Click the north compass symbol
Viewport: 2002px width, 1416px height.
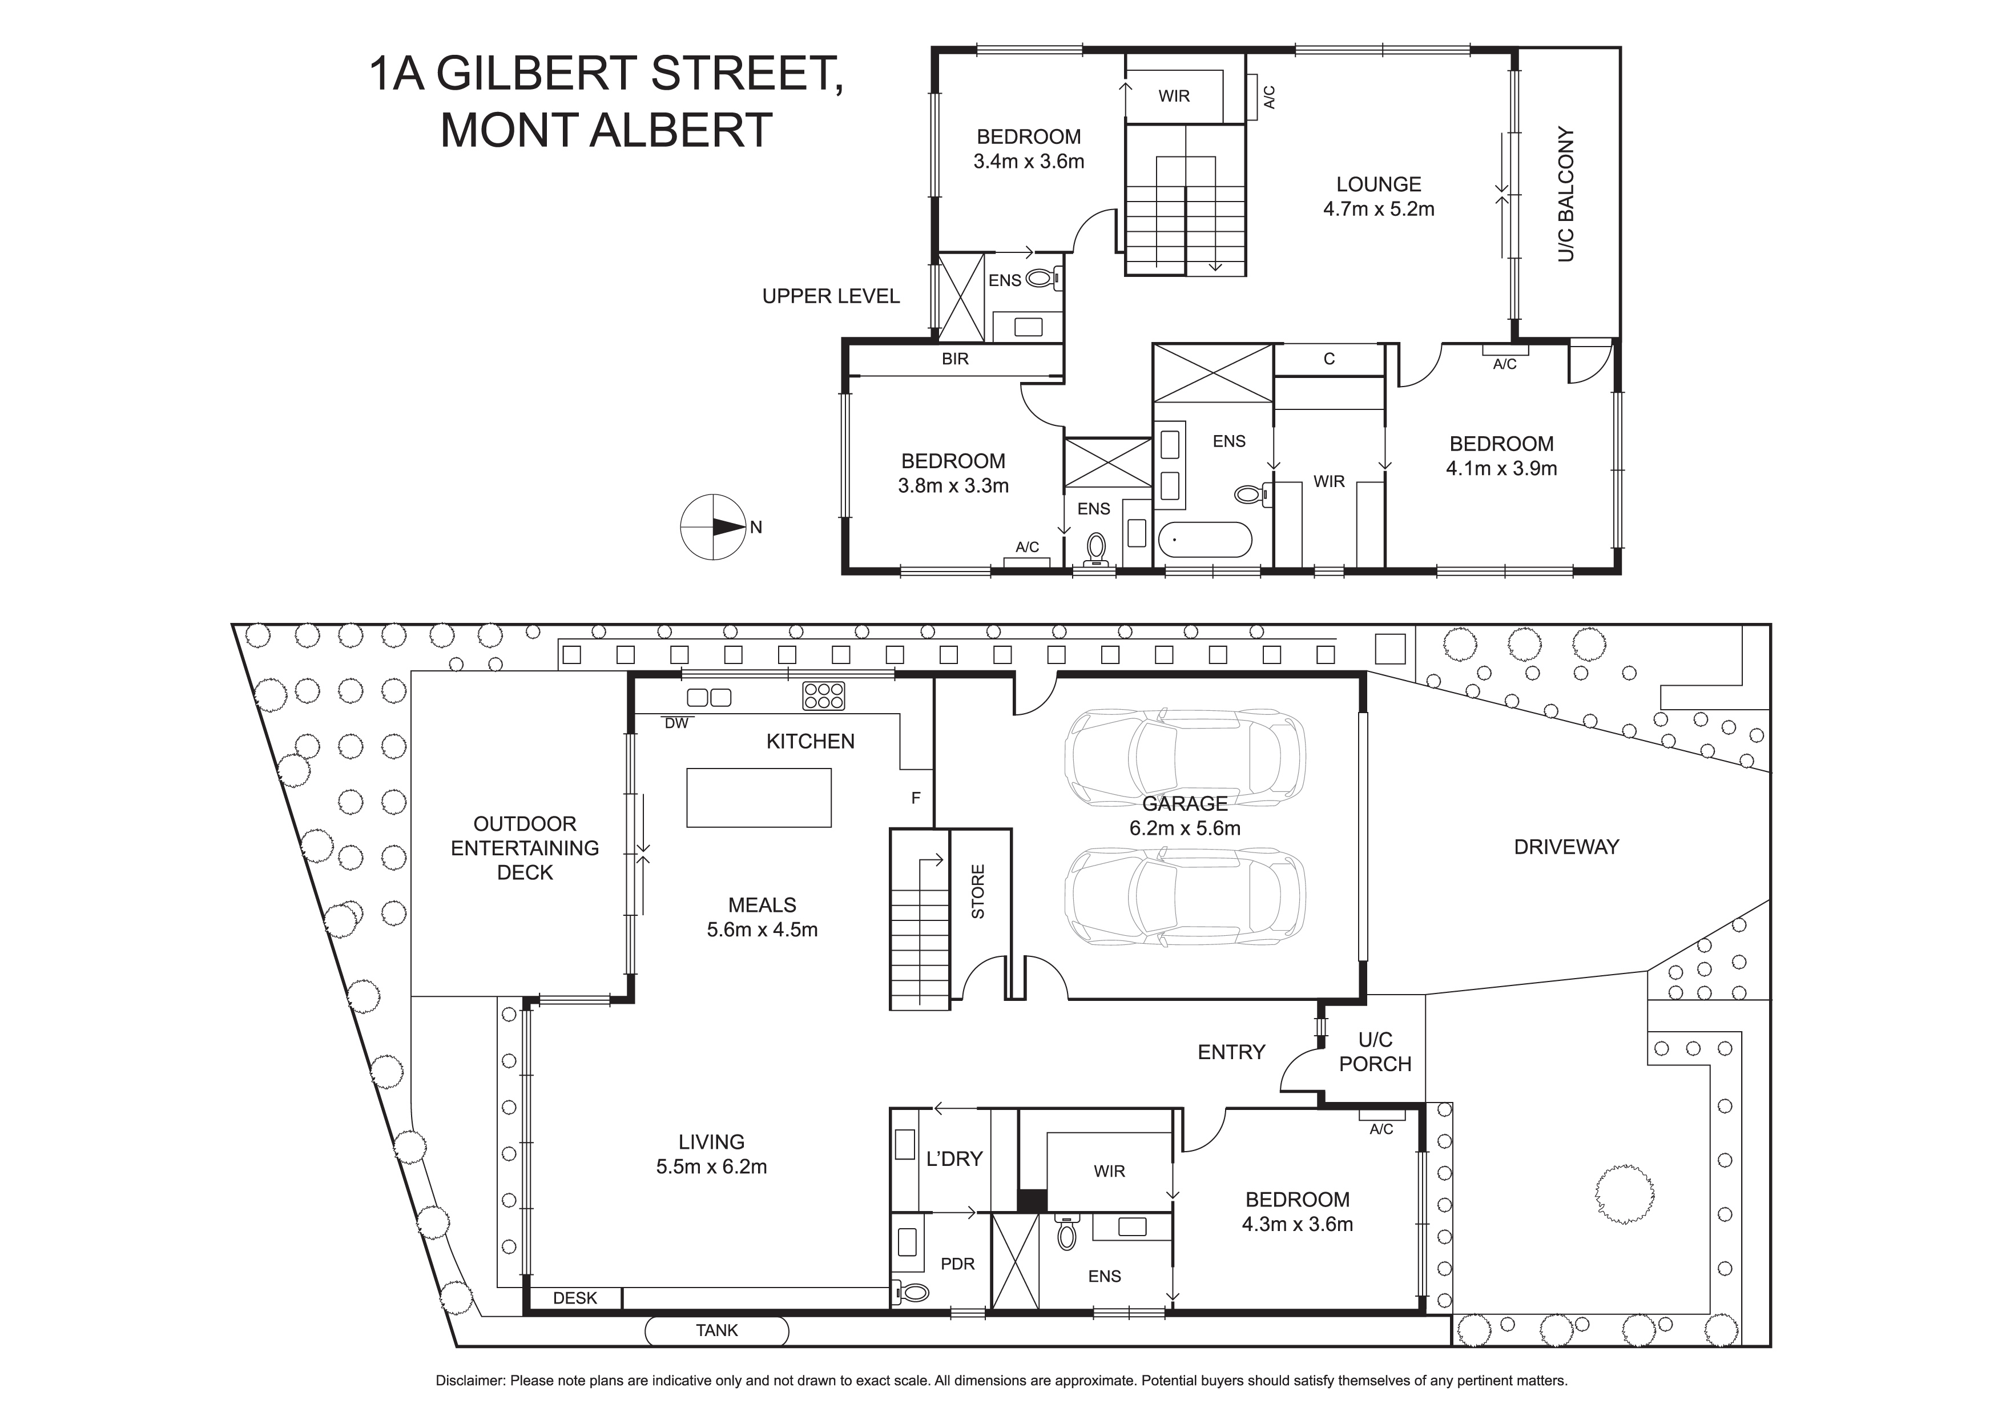coord(713,526)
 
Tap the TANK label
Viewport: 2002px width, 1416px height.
coord(717,1330)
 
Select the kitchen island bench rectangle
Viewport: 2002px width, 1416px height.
coord(759,797)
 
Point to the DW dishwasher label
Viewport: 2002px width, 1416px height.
coord(676,723)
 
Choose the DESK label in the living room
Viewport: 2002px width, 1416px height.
coord(575,1298)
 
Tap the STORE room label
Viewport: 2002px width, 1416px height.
coord(978,891)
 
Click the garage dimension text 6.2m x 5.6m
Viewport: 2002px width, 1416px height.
coord(1185,828)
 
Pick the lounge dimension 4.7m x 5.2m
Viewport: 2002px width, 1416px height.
coord(1379,210)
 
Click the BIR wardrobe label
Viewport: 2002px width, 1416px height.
coord(955,359)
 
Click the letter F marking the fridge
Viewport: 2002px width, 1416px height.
coord(916,797)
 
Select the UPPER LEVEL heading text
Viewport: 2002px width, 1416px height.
coord(831,296)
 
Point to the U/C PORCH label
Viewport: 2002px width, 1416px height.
coord(1375,1052)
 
